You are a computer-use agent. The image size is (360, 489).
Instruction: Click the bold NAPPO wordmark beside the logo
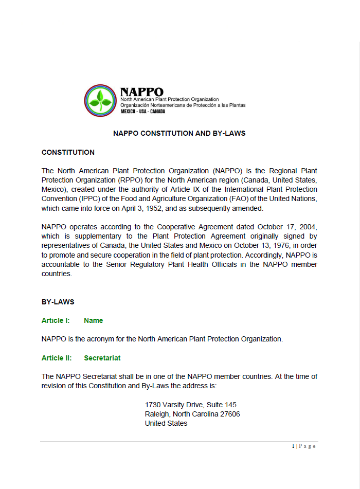pos(141,92)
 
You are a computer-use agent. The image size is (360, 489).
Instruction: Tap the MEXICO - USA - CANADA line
pos(142,111)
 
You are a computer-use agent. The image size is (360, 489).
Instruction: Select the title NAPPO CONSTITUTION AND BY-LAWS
pos(179,133)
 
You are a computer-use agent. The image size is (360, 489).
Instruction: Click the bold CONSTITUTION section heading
pos(68,152)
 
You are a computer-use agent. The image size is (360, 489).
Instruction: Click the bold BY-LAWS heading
pos(58,302)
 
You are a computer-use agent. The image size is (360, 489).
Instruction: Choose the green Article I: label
pos(56,320)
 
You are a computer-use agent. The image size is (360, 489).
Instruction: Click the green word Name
pos(93,320)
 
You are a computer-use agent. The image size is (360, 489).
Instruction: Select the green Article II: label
pos(57,358)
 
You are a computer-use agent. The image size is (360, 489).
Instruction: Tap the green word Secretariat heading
pos(102,358)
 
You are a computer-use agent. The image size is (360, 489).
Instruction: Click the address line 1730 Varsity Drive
pos(190,405)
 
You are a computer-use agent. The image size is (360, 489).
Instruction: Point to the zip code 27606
pos(229,414)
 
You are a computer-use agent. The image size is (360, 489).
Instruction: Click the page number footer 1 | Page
pos(303,446)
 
